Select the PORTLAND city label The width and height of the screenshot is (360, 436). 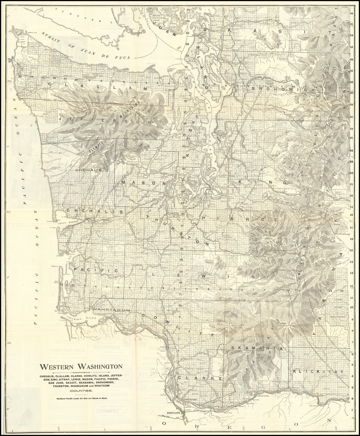(173, 412)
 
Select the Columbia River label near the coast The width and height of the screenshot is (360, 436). (81, 319)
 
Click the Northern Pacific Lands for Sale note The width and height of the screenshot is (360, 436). (81, 398)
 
